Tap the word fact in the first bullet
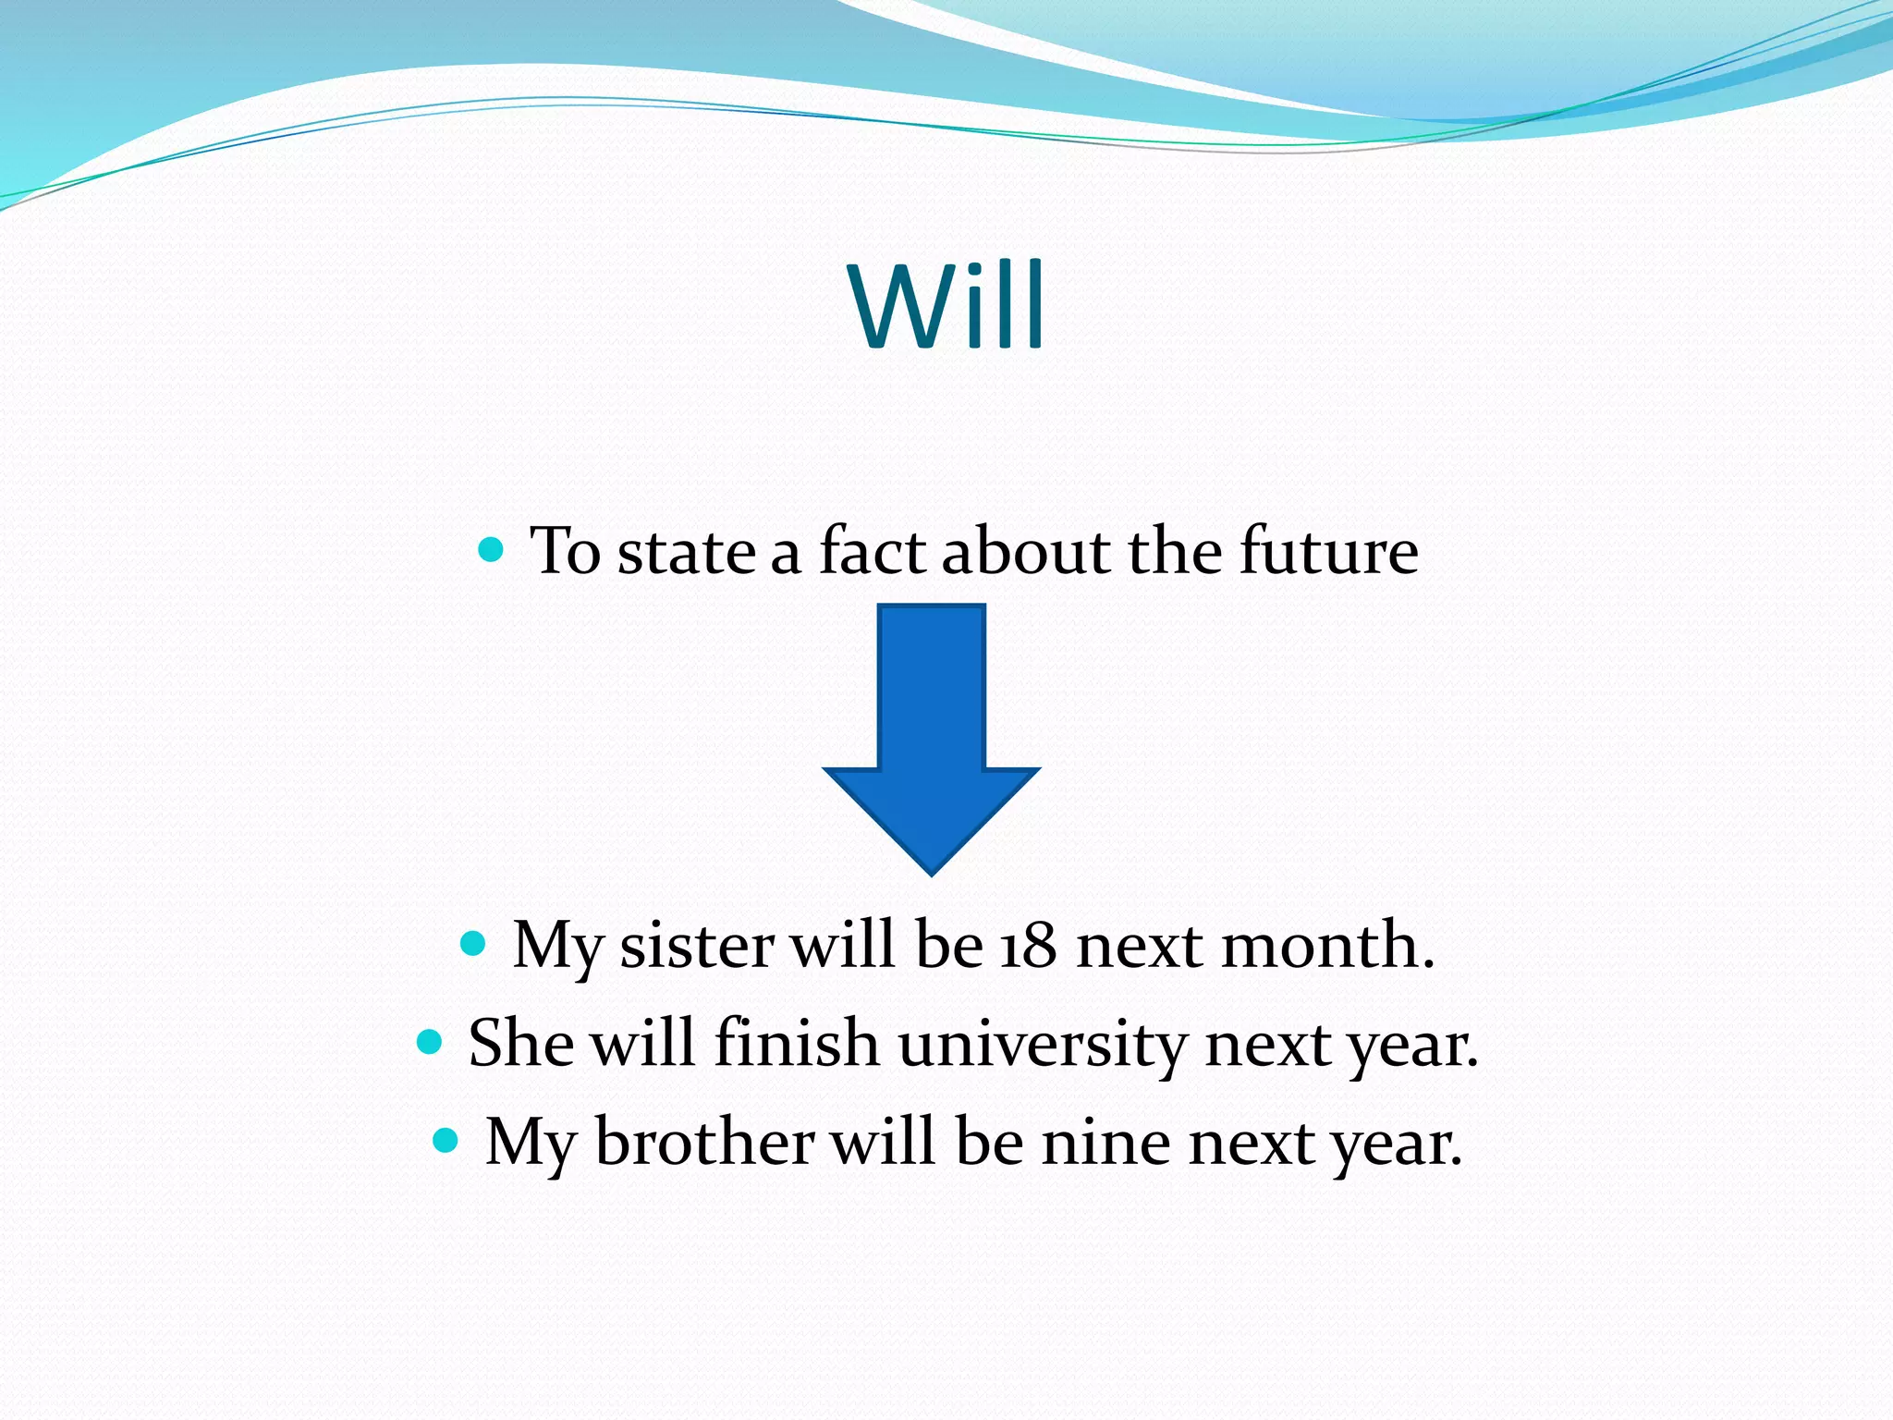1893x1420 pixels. tap(872, 551)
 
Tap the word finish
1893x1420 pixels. tap(797, 1045)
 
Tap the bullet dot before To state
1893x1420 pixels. tap(491, 551)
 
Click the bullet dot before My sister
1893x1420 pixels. tap(472, 944)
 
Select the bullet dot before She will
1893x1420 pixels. tap(430, 1043)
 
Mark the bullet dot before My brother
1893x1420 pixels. tap(446, 1140)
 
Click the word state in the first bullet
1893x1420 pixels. tap(686, 551)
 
